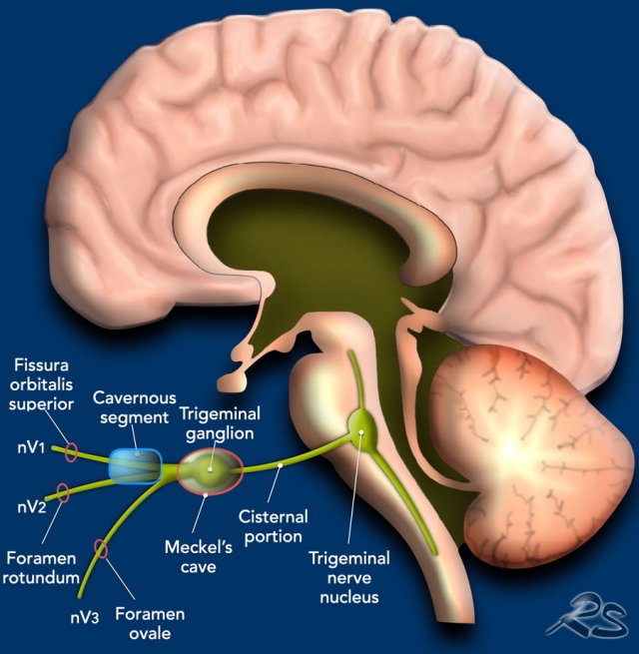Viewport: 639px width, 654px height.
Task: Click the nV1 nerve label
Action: (x=31, y=448)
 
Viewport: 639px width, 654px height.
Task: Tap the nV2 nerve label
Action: (x=32, y=507)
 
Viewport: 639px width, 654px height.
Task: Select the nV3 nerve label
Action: (x=85, y=618)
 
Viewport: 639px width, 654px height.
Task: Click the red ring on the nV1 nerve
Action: (x=71, y=452)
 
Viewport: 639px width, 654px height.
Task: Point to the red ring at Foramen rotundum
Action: (x=63, y=493)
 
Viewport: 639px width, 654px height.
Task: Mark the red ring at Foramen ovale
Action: (x=101, y=548)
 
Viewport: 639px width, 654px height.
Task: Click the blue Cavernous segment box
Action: (x=135, y=466)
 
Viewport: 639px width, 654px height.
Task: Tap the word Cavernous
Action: (x=135, y=398)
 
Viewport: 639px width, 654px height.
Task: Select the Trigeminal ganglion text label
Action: (x=220, y=423)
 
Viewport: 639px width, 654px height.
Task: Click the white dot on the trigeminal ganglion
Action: (x=211, y=469)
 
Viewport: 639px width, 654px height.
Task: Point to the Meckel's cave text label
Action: (x=199, y=557)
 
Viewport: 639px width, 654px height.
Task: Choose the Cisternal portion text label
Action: (x=274, y=526)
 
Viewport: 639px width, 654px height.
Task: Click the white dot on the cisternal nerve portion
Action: (x=281, y=464)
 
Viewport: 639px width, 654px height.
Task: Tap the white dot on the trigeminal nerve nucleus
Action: (x=361, y=432)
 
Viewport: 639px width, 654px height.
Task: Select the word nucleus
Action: (x=349, y=597)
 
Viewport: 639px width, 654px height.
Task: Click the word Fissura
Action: (x=41, y=365)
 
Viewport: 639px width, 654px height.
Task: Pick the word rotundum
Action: (x=41, y=578)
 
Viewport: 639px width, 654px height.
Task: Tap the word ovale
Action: (x=150, y=634)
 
